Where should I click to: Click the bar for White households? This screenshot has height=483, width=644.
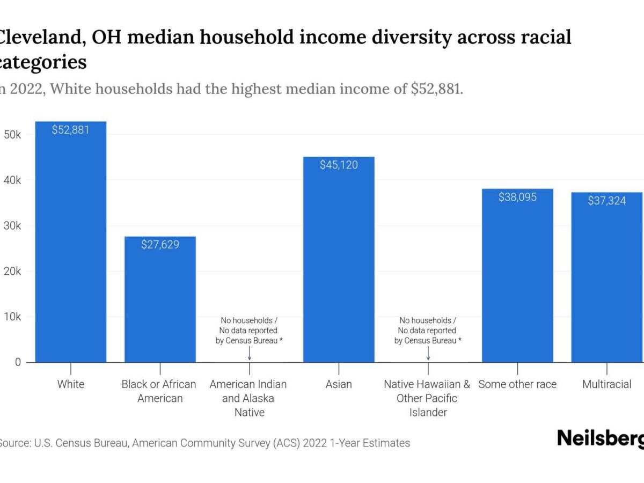tap(70, 247)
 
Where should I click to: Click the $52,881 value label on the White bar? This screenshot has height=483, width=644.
tap(70, 130)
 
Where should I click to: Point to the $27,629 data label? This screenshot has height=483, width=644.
tap(160, 245)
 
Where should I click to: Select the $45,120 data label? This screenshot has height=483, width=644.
tap(339, 165)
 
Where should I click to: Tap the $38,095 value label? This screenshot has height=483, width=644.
tap(517, 197)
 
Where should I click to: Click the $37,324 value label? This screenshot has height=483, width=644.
tap(606, 201)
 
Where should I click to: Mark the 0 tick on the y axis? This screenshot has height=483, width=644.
tap(18, 362)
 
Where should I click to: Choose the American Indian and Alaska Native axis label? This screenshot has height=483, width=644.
tap(248, 398)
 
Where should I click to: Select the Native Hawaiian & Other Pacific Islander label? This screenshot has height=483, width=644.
tap(427, 398)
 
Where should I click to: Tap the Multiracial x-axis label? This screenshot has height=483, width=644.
tap(606, 384)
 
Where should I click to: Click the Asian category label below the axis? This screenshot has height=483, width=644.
tap(339, 384)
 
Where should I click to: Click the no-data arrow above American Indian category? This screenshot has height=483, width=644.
tap(250, 354)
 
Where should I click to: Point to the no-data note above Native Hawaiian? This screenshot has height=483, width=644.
tap(427, 331)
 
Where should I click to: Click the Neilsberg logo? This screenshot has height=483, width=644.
tap(600, 438)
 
